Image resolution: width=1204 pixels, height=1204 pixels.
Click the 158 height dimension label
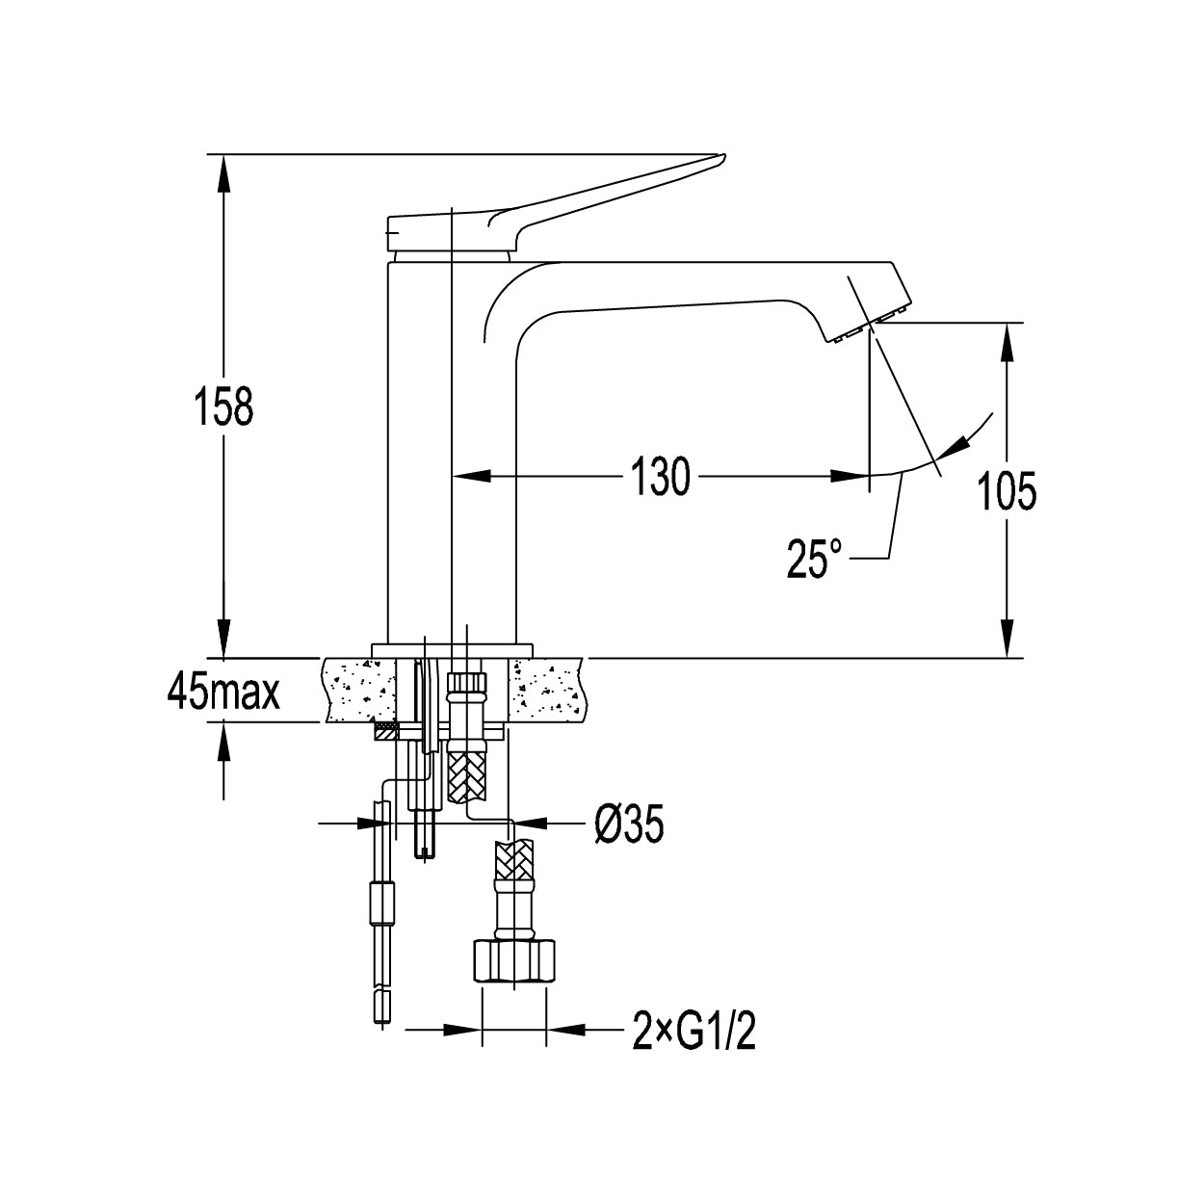click(x=223, y=406)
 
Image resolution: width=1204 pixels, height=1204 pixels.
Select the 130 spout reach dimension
click(x=661, y=476)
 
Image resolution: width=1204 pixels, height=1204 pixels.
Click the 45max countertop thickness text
click(x=223, y=691)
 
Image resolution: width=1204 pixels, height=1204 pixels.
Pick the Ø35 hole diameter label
click(x=629, y=824)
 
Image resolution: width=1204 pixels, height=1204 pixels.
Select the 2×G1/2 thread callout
click(x=694, y=1028)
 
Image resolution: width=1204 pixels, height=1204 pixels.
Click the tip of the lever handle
click(x=723, y=156)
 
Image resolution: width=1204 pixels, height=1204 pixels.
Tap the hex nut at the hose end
click(x=513, y=962)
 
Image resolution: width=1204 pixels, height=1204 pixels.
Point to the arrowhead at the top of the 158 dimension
click(x=223, y=173)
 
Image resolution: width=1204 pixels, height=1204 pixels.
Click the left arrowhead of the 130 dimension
click(x=470, y=476)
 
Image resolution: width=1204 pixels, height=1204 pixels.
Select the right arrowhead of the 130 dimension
click(x=850, y=476)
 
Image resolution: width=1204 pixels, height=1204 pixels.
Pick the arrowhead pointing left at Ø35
click(x=529, y=824)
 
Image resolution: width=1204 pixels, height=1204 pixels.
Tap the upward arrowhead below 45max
click(x=223, y=743)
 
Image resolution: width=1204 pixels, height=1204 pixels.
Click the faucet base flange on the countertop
click(x=452, y=650)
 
